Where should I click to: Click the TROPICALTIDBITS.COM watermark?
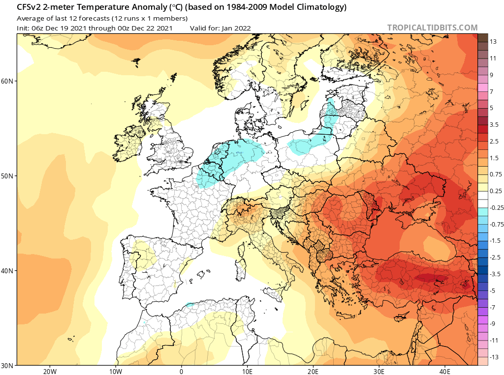tap(432, 28)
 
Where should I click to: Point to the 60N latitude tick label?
tap(7, 81)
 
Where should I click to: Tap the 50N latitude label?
tap(7, 176)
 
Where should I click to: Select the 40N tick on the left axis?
tap(7, 271)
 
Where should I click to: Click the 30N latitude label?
tap(7, 366)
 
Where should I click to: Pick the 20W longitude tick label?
tap(50, 372)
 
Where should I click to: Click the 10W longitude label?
tap(116, 372)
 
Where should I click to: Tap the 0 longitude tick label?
tap(182, 372)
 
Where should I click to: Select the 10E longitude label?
tap(247, 372)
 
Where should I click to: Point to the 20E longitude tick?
tap(313, 372)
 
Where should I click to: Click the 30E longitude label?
tap(379, 372)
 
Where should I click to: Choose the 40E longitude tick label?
tap(445, 372)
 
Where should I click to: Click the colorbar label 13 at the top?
tap(493, 42)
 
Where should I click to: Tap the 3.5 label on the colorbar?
tap(494, 124)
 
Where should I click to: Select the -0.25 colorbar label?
tap(496, 208)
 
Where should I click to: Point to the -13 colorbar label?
tap(494, 357)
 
